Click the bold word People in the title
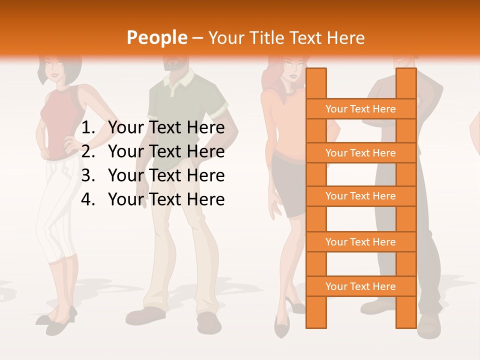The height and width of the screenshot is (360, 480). (x=156, y=37)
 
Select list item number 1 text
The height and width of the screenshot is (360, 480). (x=166, y=128)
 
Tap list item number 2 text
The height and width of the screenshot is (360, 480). (x=166, y=151)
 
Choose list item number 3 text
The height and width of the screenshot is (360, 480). (x=166, y=175)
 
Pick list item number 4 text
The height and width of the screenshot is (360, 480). (x=166, y=199)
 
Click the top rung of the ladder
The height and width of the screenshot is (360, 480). (x=360, y=109)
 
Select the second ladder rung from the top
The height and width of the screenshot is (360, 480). (x=360, y=153)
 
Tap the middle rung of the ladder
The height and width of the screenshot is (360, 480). (x=360, y=196)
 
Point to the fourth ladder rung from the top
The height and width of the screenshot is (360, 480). (x=360, y=242)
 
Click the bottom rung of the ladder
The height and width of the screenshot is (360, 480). (x=360, y=286)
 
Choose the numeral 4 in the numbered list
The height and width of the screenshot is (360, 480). (x=87, y=199)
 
